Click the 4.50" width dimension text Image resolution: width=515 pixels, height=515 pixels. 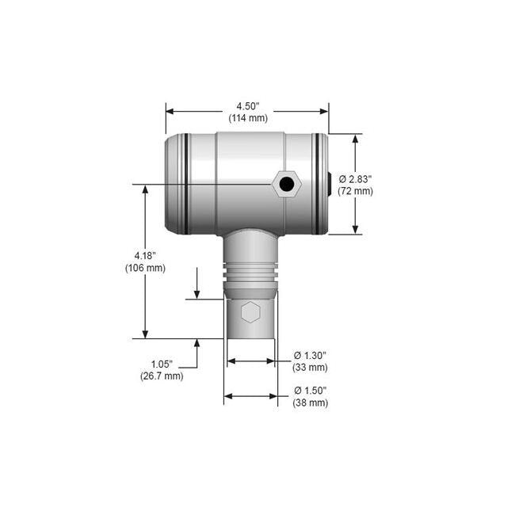pyautogui.click(x=247, y=105)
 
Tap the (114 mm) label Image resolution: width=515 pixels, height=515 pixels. pyautogui.click(x=247, y=118)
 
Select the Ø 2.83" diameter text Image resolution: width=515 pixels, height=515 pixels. pyautogui.click(x=354, y=178)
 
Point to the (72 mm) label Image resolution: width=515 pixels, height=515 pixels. pyautogui.click(x=354, y=191)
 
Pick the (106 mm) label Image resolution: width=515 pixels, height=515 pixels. pyautogui.click(x=145, y=268)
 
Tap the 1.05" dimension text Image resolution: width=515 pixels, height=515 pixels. pyautogui.click(x=162, y=364)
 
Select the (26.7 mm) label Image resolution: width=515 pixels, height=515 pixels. pyautogui.click(x=162, y=376)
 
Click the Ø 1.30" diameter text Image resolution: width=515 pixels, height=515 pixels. pyautogui.click(x=311, y=355)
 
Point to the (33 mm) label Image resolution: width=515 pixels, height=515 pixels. pyautogui.click(x=311, y=368)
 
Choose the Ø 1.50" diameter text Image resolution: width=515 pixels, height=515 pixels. pyautogui.click(x=311, y=391)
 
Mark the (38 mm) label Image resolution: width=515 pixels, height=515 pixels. pyautogui.click(x=311, y=403)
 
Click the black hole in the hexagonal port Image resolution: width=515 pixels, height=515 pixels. pyautogui.click(x=286, y=185)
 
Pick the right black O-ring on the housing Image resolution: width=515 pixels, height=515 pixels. pyautogui.click(x=317, y=184)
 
